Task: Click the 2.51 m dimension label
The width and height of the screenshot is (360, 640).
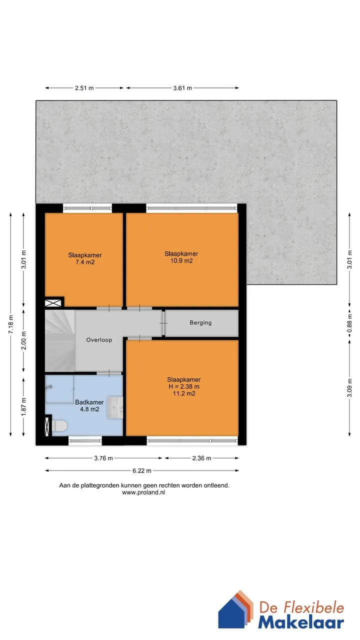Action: click(84, 88)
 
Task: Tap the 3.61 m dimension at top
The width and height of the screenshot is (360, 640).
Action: click(182, 88)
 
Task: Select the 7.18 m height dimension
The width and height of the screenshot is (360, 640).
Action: click(11, 324)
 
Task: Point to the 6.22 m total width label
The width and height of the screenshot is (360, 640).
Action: click(141, 470)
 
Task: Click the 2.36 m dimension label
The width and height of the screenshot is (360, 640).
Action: click(201, 458)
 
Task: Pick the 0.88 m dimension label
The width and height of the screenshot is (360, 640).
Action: click(349, 323)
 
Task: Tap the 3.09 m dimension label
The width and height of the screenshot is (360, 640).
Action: click(349, 387)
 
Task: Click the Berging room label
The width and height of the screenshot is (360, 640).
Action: click(200, 322)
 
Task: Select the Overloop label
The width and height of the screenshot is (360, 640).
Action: click(99, 339)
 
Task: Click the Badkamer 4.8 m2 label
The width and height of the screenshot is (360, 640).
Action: click(89, 405)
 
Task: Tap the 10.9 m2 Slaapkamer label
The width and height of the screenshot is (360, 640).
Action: click(181, 257)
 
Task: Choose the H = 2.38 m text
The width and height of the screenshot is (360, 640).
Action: click(184, 386)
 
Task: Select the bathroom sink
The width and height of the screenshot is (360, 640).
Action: click(115, 407)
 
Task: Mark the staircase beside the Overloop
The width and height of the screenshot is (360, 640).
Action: click(59, 341)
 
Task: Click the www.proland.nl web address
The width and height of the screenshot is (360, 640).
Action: click(143, 492)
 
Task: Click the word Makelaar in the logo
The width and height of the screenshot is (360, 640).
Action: click(301, 622)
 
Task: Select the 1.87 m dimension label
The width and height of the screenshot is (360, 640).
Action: click(23, 406)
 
